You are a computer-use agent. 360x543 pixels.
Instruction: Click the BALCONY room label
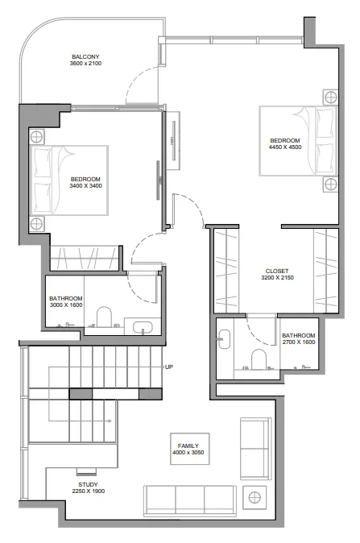click(x=85, y=56)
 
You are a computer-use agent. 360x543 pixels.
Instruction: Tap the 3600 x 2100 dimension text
click(x=85, y=64)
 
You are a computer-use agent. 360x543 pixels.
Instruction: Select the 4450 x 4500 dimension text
click(x=285, y=147)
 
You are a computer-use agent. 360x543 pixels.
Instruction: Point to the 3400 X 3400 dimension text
click(x=85, y=186)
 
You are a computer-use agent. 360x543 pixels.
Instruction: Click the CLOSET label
click(x=277, y=271)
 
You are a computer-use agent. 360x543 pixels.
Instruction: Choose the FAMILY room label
click(x=194, y=446)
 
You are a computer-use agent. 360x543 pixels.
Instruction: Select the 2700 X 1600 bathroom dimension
click(x=298, y=342)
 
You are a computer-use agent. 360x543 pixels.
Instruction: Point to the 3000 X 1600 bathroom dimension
click(x=66, y=304)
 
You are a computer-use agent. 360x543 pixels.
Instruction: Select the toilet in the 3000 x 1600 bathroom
click(x=104, y=317)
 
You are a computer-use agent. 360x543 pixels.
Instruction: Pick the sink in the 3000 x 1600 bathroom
click(x=143, y=327)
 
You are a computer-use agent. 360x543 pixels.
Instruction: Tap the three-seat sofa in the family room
click(x=189, y=499)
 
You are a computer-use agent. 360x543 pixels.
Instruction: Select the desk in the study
click(x=86, y=472)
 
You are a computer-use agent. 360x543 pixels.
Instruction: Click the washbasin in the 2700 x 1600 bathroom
click(x=225, y=340)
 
